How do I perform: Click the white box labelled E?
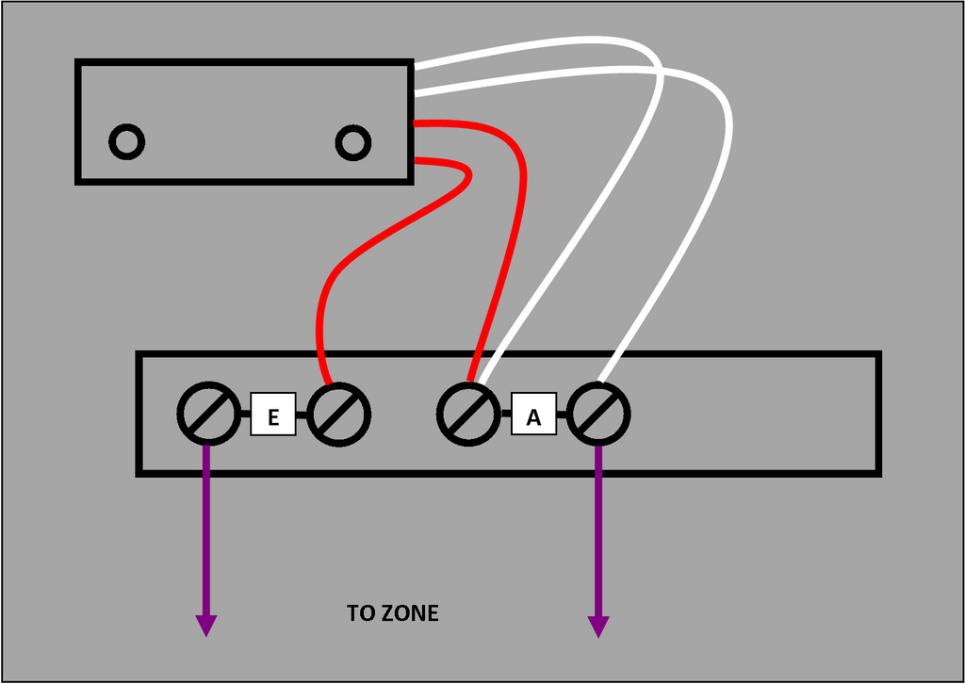point(273,415)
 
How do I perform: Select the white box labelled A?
point(533,415)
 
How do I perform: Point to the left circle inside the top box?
point(126,142)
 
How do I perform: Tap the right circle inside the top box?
point(353,142)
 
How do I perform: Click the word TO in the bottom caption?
point(361,613)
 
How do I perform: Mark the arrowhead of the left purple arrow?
point(205,626)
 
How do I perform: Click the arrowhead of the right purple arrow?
point(598,627)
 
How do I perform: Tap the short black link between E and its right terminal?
point(302,415)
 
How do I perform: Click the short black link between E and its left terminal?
point(244,415)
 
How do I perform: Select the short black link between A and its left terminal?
point(505,415)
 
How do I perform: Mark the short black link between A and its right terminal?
point(563,415)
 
